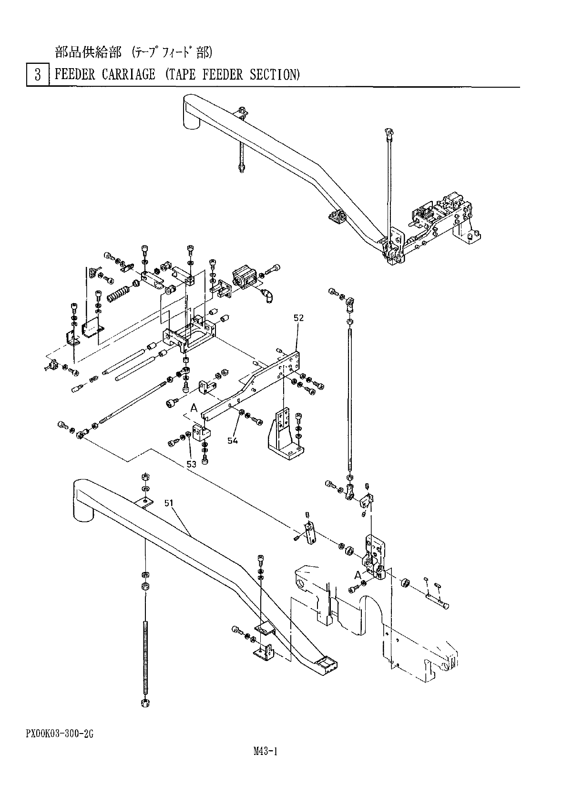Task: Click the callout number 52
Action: click(299, 318)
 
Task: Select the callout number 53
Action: click(192, 464)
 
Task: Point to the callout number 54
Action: click(232, 441)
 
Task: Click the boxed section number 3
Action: click(38, 75)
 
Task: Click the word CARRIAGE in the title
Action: click(128, 74)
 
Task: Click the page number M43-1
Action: click(266, 752)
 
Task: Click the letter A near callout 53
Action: click(194, 407)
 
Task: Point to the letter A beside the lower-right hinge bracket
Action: click(358, 574)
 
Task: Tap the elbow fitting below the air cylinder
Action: click(268, 296)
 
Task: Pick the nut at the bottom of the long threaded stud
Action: click(144, 703)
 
